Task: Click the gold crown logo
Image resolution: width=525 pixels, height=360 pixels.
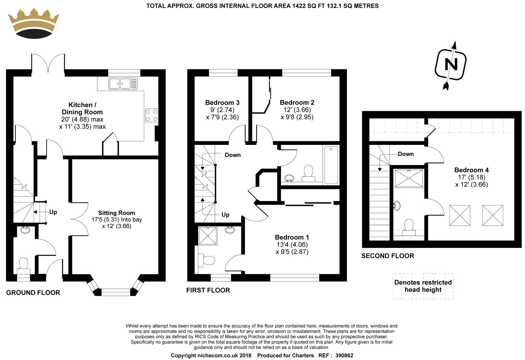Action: pyautogui.click(x=34, y=23)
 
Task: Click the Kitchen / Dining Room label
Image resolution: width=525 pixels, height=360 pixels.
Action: pyautogui.click(x=82, y=108)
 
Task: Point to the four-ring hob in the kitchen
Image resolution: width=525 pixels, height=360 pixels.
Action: pyautogui.click(x=152, y=115)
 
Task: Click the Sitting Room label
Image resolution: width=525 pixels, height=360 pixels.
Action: pyautogui.click(x=117, y=213)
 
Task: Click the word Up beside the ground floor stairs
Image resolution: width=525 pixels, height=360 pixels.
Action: pyautogui.click(x=53, y=212)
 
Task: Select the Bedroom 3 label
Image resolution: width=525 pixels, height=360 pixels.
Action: pyautogui.click(x=222, y=103)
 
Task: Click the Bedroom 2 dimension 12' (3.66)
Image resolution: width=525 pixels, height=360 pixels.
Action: pyautogui.click(x=297, y=110)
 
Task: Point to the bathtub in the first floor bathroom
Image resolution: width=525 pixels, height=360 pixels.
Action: pyautogui.click(x=331, y=165)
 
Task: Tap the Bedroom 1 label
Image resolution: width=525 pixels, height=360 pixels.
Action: pyautogui.click(x=292, y=237)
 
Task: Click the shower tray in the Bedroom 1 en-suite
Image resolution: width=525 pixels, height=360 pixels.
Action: pyautogui.click(x=208, y=236)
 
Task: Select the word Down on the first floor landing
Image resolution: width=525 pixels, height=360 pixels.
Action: pyautogui.click(x=232, y=155)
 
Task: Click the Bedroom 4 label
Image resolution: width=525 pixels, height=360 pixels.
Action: pyautogui.click(x=471, y=170)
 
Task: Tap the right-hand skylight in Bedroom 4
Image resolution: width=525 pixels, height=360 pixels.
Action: pyautogui.click(x=493, y=216)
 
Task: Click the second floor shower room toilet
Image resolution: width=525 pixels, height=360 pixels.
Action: pyautogui.click(x=409, y=227)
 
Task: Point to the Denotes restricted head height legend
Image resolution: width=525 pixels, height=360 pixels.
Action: pyautogui.click(x=423, y=286)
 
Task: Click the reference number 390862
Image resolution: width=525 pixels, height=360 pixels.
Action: pyautogui.click(x=344, y=355)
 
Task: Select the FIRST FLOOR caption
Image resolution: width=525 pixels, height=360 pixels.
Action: pyautogui.click(x=208, y=290)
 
